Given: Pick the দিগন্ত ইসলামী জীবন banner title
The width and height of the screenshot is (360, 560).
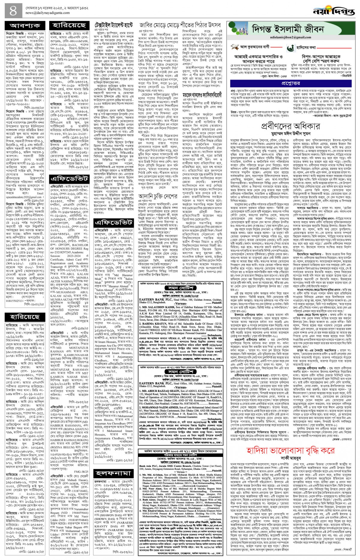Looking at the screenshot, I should click(288, 29).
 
